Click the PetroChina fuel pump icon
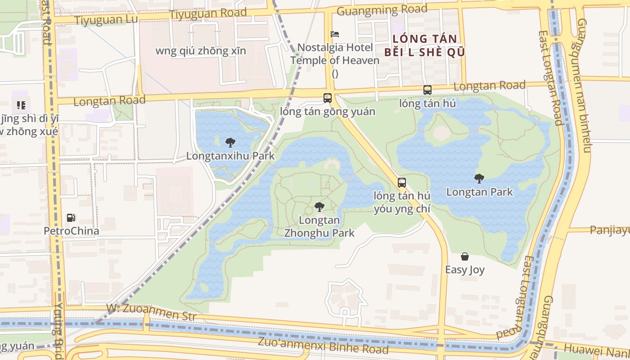[71, 218]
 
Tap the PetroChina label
[71, 231]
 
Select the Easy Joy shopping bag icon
[465, 256]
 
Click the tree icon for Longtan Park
[479, 178]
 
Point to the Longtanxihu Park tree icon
[230, 143]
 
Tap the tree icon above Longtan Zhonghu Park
[319, 207]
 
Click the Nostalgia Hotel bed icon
[335, 34]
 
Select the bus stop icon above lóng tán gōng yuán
[328, 98]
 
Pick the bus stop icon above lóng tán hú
[427, 90]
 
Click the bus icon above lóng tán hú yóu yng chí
[402, 183]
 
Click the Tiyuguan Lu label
[106, 20]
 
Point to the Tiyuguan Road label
[208, 13]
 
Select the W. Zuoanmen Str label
[151, 312]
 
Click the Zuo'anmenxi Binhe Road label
[323, 345]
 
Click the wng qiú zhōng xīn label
[201, 51]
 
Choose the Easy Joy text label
[465, 270]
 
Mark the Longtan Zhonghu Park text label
[319, 227]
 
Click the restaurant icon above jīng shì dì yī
[21, 105]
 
